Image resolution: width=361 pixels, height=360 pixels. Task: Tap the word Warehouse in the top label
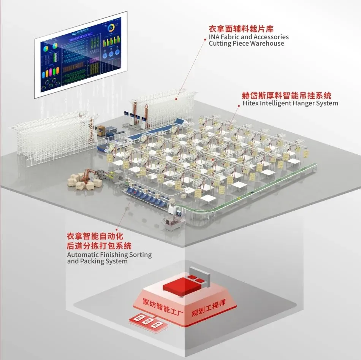tap(267, 43)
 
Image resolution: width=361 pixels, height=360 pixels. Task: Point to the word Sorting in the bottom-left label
tap(139, 254)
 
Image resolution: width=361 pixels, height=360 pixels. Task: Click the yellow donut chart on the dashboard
tap(111, 29)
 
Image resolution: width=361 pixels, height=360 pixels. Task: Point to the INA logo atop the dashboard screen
tap(75, 34)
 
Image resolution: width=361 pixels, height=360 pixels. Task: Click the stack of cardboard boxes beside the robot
tap(81, 182)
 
